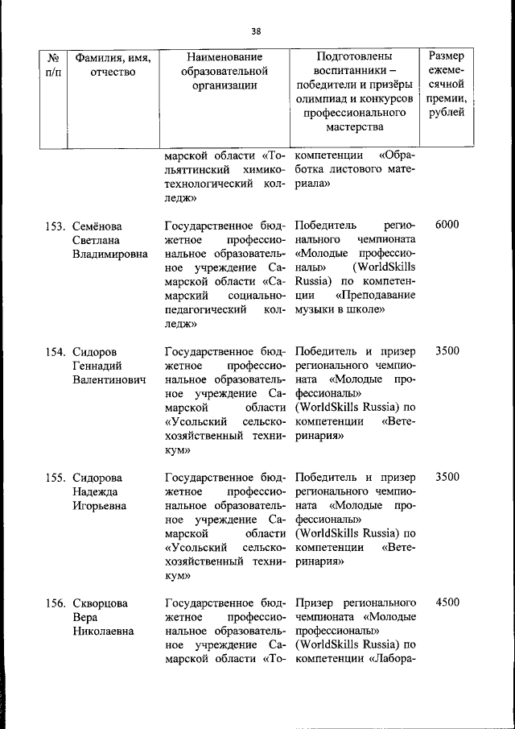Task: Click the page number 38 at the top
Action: [x=256, y=31]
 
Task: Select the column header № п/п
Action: [x=54, y=65]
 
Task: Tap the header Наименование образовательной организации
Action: [x=225, y=73]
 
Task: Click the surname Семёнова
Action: [x=101, y=226]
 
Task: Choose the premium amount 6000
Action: [x=447, y=225]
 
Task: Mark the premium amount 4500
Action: [x=447, y=603]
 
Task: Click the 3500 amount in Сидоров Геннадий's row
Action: [x=447, y=351]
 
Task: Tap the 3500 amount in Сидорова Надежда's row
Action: [x=447, y=477]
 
